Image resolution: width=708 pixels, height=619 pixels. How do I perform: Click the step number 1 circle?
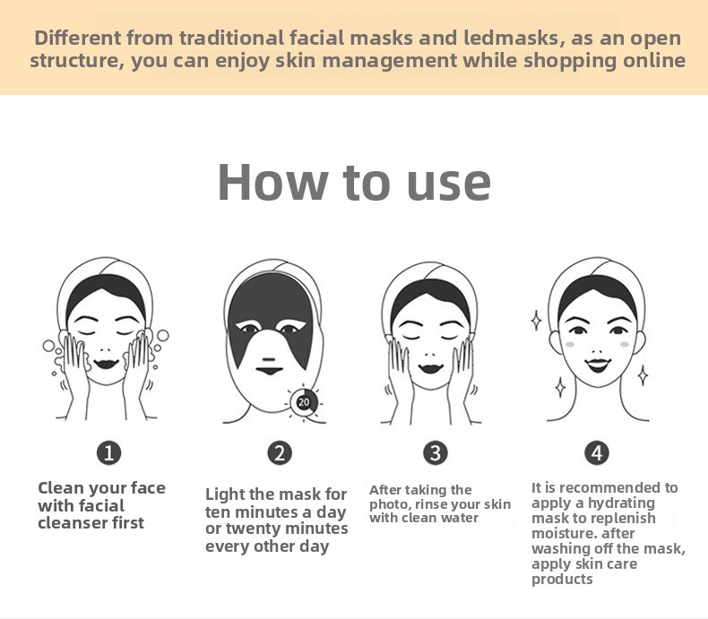[108, 452]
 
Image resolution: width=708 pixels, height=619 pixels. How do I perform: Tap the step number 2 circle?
[280, 453]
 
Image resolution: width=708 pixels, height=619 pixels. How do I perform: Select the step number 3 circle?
[436, 452]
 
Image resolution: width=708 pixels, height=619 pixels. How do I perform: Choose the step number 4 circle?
[597, 452]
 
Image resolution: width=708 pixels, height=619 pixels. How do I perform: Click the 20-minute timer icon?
[304, 402]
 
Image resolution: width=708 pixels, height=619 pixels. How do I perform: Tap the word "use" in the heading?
[448, 185]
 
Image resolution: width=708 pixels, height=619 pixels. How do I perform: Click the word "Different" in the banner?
[77, 38]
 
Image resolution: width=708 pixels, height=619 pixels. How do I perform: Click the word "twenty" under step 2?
[254, 529]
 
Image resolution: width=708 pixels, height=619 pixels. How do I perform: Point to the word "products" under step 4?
[562, 580]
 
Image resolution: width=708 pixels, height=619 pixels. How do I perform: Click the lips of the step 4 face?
[598, 364]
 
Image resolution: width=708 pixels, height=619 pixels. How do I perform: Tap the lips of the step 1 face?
[107, 363]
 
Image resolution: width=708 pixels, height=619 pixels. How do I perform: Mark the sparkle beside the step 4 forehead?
[537, 320]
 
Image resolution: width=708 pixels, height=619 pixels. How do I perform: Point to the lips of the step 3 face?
[430, 367]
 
